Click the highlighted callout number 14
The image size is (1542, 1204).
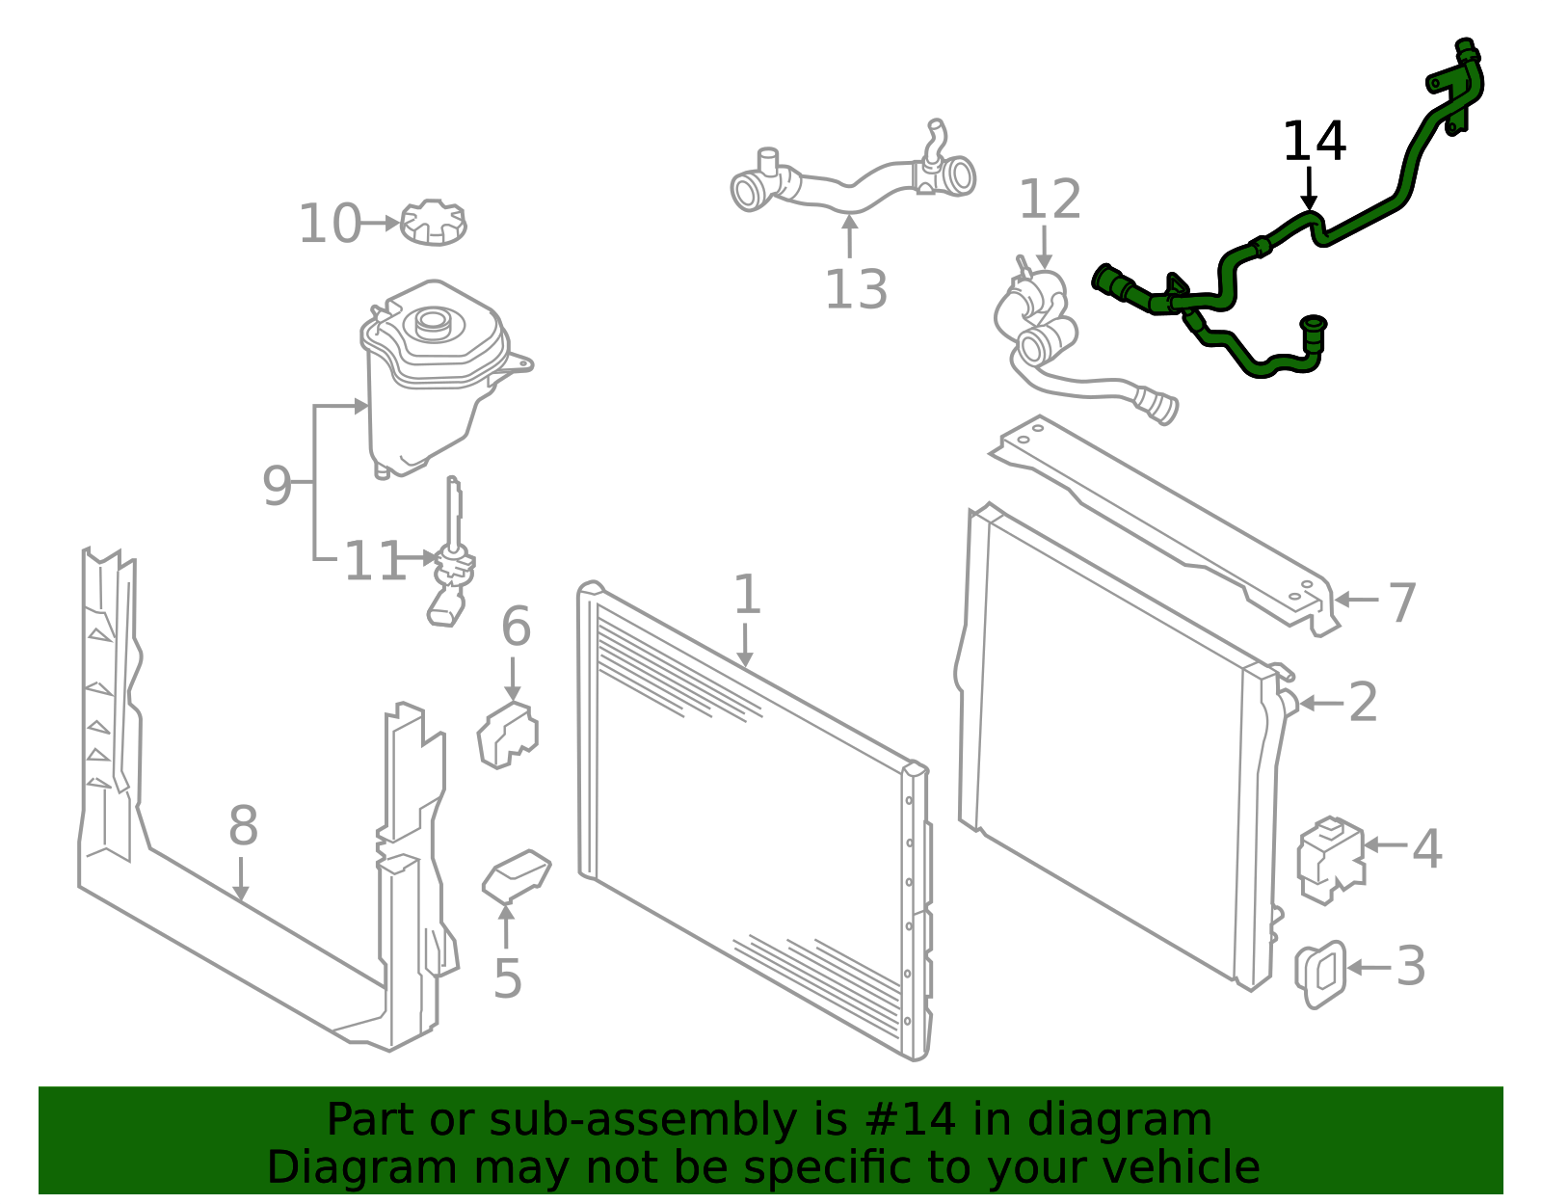[x=1314, y=142]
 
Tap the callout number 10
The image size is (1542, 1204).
[x=330, y=224]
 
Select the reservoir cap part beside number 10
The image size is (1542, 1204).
[x=434, y=222]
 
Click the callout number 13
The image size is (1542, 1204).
[x=856, y=289]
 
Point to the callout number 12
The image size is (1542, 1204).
[x=1050, y=199]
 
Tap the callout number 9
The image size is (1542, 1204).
[x=277, y=486]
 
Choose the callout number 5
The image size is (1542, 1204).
[x=507, y=979]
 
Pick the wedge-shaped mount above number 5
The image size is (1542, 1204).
[x=516, y=877]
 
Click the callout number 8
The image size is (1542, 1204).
[x=243, y=826]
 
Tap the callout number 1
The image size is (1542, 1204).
[x=747, y=595]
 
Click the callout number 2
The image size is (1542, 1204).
[x=1363, y=703]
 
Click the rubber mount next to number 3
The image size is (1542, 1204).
[x=1320, y=974]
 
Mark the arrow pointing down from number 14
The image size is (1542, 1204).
[x=1309, y=189]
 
